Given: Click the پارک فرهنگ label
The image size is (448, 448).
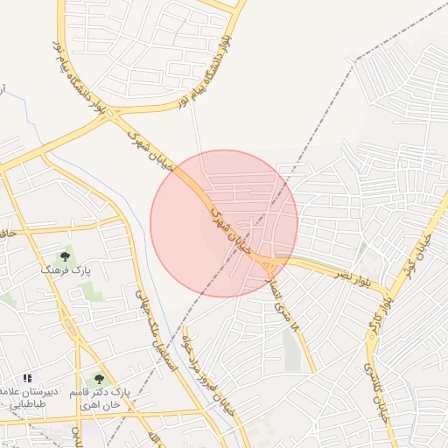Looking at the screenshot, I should [59, 271].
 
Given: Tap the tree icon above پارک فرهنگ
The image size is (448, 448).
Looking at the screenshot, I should [64, 257].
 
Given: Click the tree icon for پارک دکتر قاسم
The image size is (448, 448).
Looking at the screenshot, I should [98, 380].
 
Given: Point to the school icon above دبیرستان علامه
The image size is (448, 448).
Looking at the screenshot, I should [27, 378].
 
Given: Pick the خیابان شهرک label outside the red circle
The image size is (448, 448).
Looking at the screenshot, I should [150, 152].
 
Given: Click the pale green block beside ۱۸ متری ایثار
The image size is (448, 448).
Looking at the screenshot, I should [291, 349].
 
